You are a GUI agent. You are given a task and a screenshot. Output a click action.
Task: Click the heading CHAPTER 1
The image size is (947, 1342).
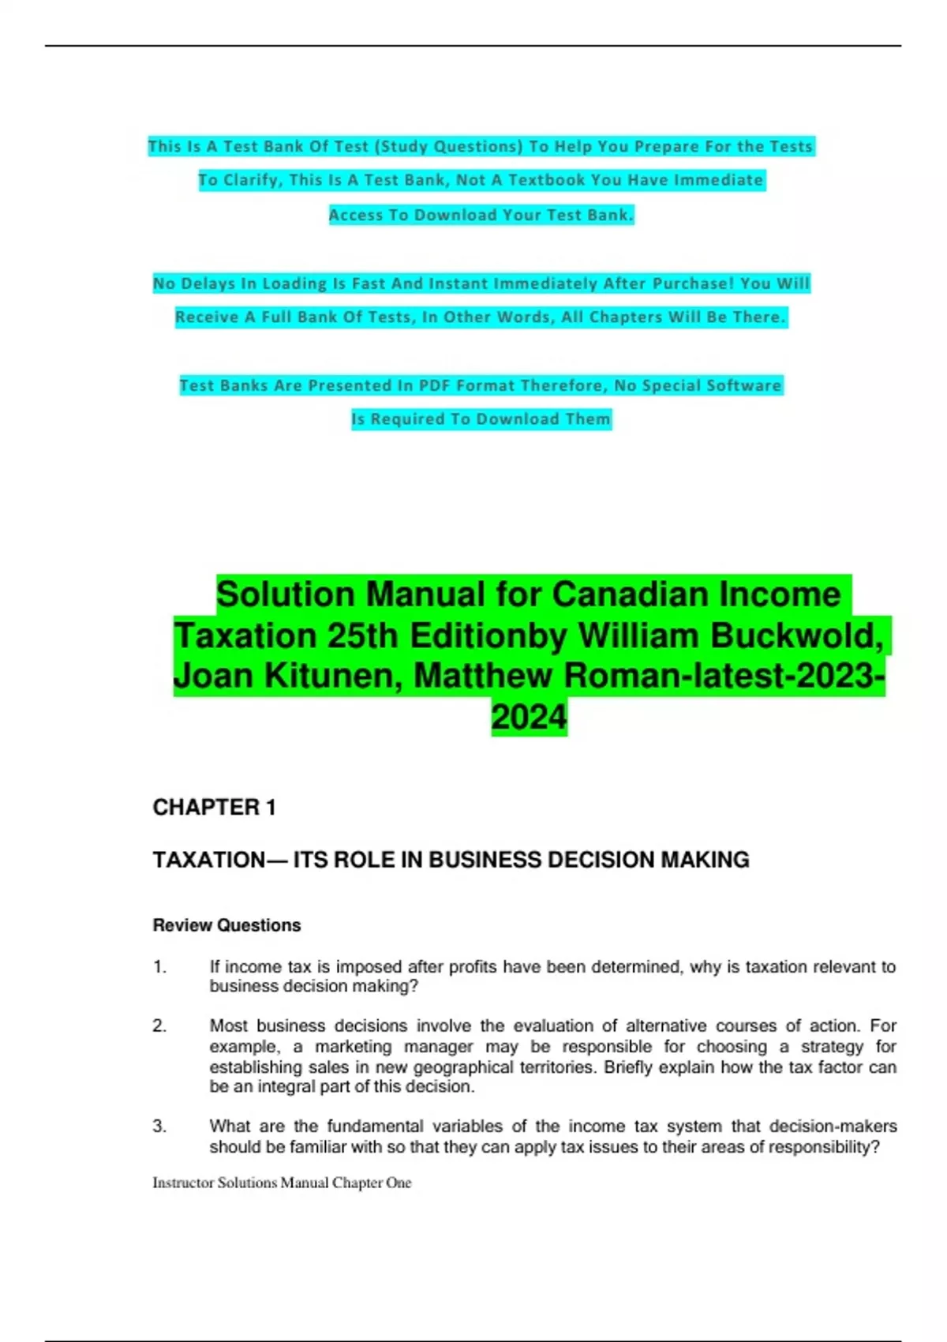click(214, 808)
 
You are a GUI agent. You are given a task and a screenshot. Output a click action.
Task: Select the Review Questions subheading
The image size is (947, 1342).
click(226, 925)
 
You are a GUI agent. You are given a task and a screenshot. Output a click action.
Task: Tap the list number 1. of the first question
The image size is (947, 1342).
click(160, 967)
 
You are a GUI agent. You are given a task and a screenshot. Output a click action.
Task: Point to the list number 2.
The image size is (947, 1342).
click(160, 1026)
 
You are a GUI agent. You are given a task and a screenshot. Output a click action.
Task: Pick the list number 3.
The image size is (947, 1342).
click(160, 1126)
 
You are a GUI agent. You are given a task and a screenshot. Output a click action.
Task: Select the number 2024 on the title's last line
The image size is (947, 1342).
click(529, 718)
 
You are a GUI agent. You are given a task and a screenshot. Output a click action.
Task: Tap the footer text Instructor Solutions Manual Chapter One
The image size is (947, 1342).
click(282, 1183)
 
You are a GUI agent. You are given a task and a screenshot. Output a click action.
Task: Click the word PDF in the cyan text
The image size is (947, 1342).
click(434, 385)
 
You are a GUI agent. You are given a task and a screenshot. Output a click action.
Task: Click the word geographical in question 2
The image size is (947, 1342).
click(465, 1067)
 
